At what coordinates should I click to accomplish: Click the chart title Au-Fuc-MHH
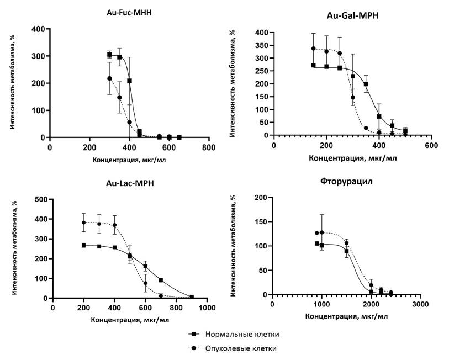129,12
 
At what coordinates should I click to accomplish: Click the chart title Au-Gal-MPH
352,16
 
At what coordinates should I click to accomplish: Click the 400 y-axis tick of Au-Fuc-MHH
39,28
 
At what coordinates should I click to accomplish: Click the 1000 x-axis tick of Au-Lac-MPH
207,308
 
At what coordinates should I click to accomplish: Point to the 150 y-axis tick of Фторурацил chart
261,221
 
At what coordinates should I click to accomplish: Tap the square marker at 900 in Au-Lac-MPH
192,297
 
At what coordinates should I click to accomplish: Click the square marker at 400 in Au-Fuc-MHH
129,81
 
